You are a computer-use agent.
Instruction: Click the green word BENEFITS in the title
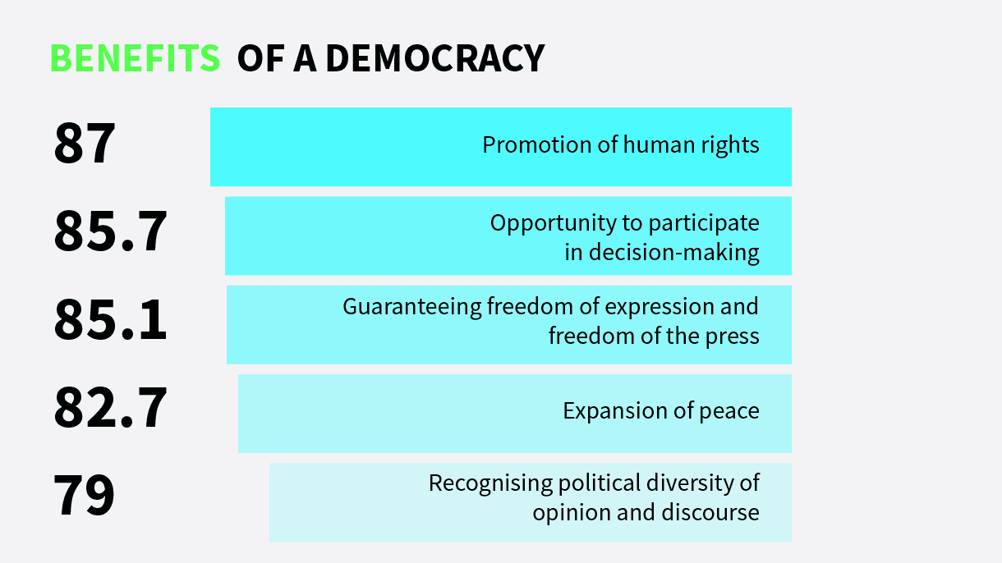tap(136, 58)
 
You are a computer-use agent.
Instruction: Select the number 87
tap(85, 145)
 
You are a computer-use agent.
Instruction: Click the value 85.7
tap(110, 232)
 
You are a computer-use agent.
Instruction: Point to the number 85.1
tap(110, 321)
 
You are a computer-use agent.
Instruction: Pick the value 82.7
tap(110, 409)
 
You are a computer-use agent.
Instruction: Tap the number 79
tap(85, 496)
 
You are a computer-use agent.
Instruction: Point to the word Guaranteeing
tap(412, 308)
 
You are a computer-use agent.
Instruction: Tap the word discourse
tap(710, 513)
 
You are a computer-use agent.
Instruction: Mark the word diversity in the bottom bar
tap(693, 483)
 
